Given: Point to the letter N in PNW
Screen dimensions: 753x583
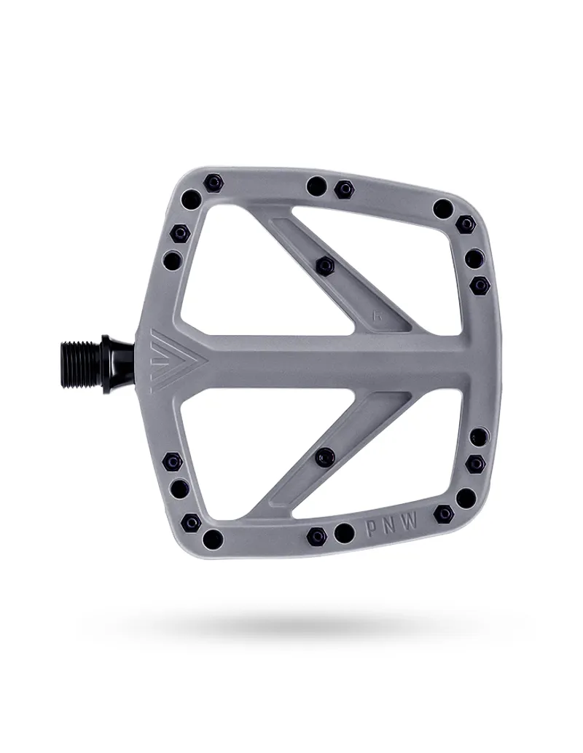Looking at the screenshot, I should click(x=391, y=524).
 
